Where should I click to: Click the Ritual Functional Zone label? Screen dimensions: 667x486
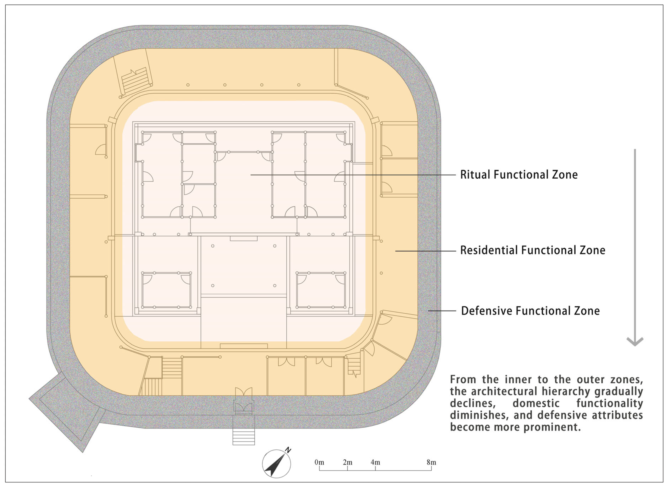519,174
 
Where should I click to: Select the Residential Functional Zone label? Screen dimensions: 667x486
533,250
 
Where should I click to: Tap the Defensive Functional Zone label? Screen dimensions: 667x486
530,311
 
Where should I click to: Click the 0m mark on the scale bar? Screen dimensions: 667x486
319,462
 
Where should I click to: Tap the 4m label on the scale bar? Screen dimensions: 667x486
375,462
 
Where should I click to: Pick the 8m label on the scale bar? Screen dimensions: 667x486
431,462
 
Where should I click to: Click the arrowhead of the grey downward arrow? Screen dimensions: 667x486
635,342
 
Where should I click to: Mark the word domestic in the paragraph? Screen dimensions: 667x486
536,404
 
